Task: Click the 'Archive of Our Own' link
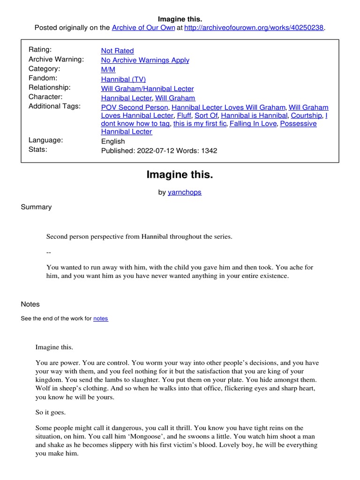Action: point(143,28)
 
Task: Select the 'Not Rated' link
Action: point(117,51)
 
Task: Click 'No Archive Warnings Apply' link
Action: point(145,60)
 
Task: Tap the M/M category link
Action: point(108,69)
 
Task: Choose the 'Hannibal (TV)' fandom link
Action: point(123,79)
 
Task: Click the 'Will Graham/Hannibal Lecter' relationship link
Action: point(147,88)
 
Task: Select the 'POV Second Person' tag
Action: point(135,107)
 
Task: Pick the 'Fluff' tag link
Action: point(184,115)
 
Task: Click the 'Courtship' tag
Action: point(306,115)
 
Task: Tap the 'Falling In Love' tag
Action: point(254,124)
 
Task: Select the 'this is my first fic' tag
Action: point(200,124)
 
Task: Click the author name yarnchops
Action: point(185,192)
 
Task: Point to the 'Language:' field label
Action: point(45,140)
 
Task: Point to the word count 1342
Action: point(209,151)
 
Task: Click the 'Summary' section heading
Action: point(36,207)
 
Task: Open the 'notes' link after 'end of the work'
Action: point(101,319)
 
